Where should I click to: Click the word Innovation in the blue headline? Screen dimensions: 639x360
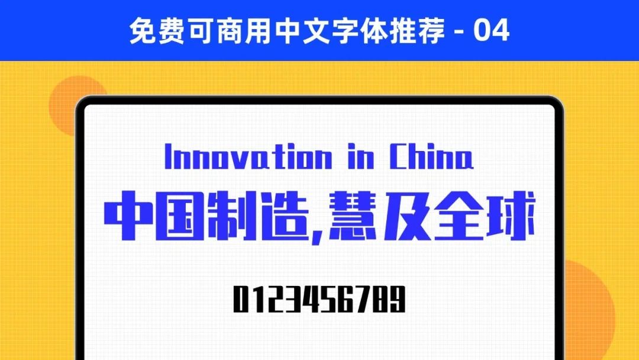[x=248, y=156]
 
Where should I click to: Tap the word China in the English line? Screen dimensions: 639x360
[x=431, y=156]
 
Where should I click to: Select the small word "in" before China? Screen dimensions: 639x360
[x=361, y=156]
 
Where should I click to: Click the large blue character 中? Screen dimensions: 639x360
[x=127, y=216]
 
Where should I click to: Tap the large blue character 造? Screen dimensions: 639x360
[x=283, y=216]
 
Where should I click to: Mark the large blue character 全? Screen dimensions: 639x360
[x=459, y=216]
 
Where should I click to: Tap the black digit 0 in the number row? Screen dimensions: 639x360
[x=240, y=299]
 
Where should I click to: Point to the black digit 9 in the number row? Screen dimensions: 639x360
[x=398, y=299]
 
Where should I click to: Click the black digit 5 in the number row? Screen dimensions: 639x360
[x=328, y=299]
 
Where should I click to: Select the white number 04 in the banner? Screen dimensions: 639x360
[x=491, y=30]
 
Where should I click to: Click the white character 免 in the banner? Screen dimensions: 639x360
[x=142, y=31]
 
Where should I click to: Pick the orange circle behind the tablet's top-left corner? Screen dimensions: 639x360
[x=73, y=105]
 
